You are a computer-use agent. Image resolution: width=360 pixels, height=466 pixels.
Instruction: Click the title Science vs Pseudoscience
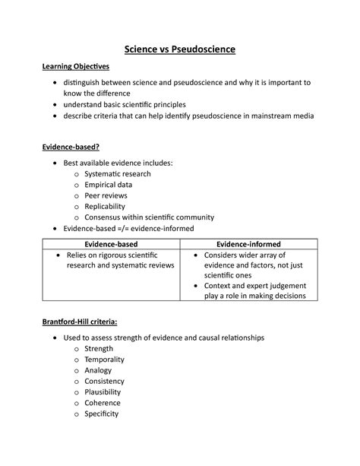pos(180,49)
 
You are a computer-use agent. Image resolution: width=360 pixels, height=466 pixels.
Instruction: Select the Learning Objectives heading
pos(75,68)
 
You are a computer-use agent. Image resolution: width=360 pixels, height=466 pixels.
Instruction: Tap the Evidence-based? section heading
pos(71,147)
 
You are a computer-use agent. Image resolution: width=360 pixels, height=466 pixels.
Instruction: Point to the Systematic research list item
pos(117,174)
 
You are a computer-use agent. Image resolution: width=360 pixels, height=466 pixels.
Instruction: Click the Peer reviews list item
pos(107,195)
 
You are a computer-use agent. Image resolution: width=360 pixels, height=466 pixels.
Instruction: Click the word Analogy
pos(99,371)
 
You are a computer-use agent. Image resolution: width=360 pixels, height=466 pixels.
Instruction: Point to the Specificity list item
pos(106,414)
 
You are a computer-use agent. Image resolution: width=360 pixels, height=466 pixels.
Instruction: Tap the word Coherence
pos(106,403)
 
